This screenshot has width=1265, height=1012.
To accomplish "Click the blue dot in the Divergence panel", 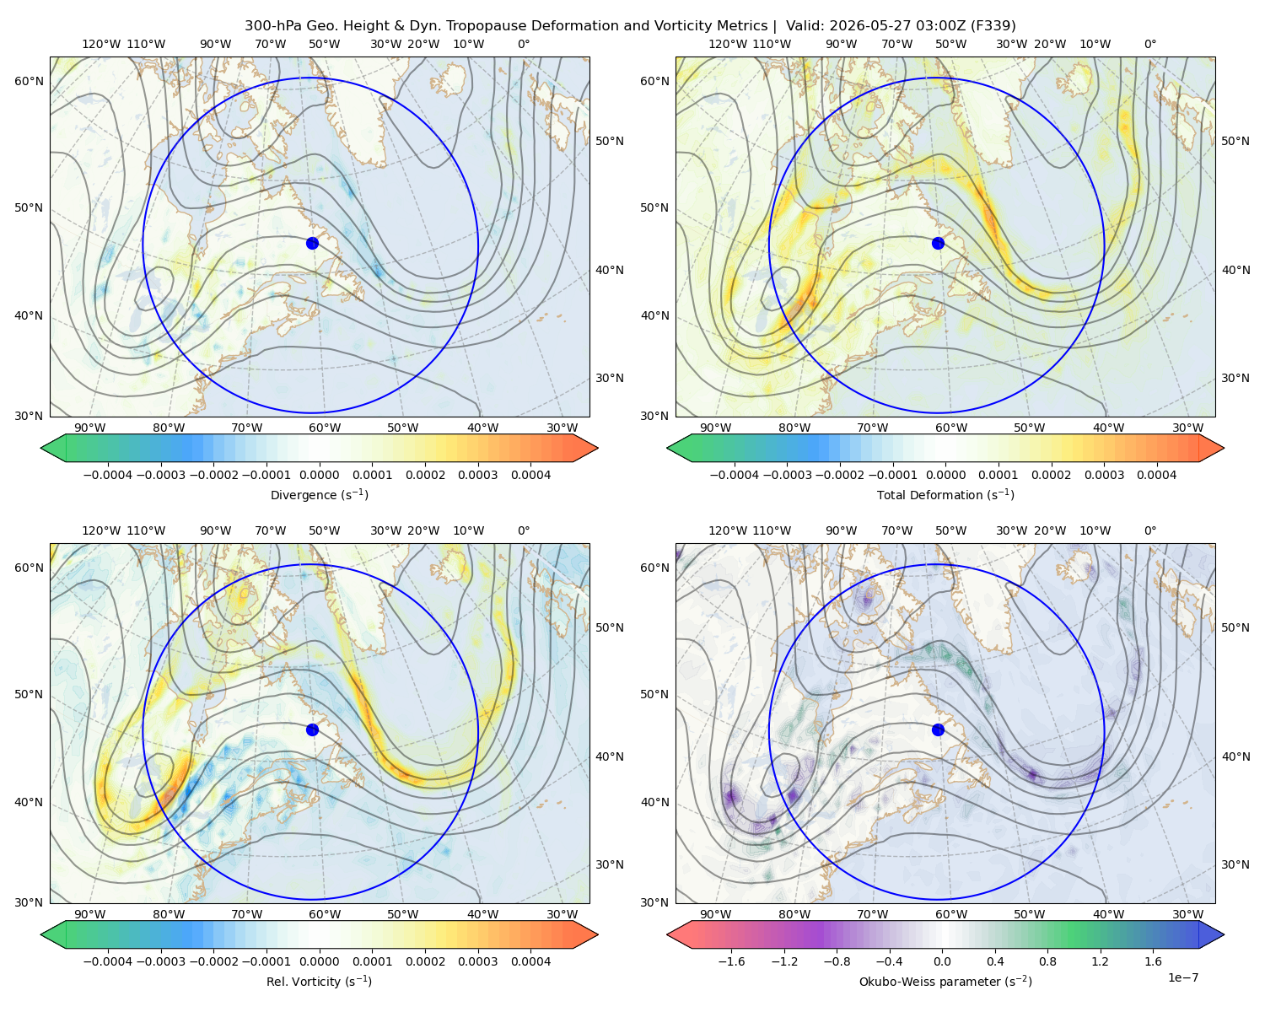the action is click(312, 243).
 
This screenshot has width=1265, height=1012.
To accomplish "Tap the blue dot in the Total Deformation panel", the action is click(938, 243).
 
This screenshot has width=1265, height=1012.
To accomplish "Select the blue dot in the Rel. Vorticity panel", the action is click(312, 729).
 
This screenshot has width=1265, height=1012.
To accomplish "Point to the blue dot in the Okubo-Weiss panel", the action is click(938, 729).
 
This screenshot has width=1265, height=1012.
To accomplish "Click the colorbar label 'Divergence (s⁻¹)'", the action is click(319, 494).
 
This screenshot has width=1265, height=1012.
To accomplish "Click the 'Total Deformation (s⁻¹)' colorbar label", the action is click(945, 494).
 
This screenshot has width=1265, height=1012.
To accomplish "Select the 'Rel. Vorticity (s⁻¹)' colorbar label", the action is click(319, 981).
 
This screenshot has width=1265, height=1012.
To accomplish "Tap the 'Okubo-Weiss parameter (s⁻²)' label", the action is click(945, 981).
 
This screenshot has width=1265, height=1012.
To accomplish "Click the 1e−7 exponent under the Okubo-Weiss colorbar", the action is click(1182, 977).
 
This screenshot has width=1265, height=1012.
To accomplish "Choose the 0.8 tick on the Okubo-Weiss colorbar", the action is click(1047, 961).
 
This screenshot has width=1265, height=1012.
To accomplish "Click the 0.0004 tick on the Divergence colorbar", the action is click(530, 475).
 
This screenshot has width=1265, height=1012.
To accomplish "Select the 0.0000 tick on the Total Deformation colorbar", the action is click(945, 475).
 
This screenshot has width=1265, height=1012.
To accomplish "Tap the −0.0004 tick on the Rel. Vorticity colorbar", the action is click(108, 961).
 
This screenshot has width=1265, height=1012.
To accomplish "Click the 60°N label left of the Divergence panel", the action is click(29, 81).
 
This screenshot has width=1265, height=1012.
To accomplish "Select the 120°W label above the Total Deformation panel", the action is click(727, 44).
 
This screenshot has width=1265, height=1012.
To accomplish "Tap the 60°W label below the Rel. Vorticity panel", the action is click(325, 914).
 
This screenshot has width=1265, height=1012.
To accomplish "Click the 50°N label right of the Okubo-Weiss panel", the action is click(1235, 627).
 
